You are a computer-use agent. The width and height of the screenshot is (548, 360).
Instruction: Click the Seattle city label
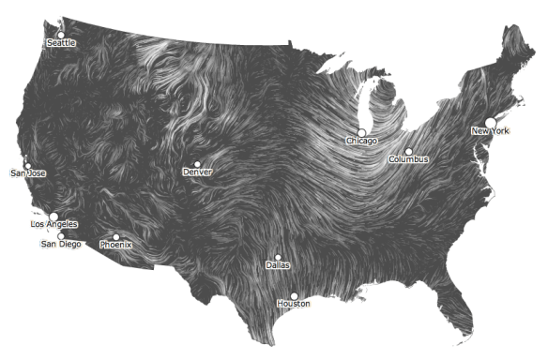pos(61,43)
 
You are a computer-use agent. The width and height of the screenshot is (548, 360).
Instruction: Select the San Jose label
pos(28,173)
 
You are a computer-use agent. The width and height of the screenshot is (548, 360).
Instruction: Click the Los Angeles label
pos(54,225)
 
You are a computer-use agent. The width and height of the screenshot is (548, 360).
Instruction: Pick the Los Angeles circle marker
pos(53,217)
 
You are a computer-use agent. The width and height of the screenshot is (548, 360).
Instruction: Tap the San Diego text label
pos(61,244)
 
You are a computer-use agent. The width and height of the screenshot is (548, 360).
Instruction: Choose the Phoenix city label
pos(116,246)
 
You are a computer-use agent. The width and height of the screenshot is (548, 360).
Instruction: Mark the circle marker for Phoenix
pos(116,237)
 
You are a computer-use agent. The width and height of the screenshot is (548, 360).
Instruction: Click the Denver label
pos(198,172)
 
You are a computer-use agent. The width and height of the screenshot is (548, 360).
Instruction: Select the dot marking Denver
pos(197,164)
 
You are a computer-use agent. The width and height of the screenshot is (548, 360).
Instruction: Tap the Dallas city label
pos(279,265)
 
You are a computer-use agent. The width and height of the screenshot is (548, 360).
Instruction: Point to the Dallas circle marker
pos(279,257)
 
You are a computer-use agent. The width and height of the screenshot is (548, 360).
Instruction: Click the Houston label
pos(294,305)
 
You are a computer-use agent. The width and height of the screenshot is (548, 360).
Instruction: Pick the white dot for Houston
pos(294,296)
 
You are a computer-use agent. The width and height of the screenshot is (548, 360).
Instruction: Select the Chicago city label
pos(361,142)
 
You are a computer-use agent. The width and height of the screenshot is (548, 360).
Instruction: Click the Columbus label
pos(409,159)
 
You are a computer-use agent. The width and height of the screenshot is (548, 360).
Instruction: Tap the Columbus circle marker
pos(408,151)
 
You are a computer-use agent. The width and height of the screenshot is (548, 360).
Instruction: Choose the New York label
pos(490,131)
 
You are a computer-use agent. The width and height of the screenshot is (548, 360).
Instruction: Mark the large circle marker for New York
pos(490,123)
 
